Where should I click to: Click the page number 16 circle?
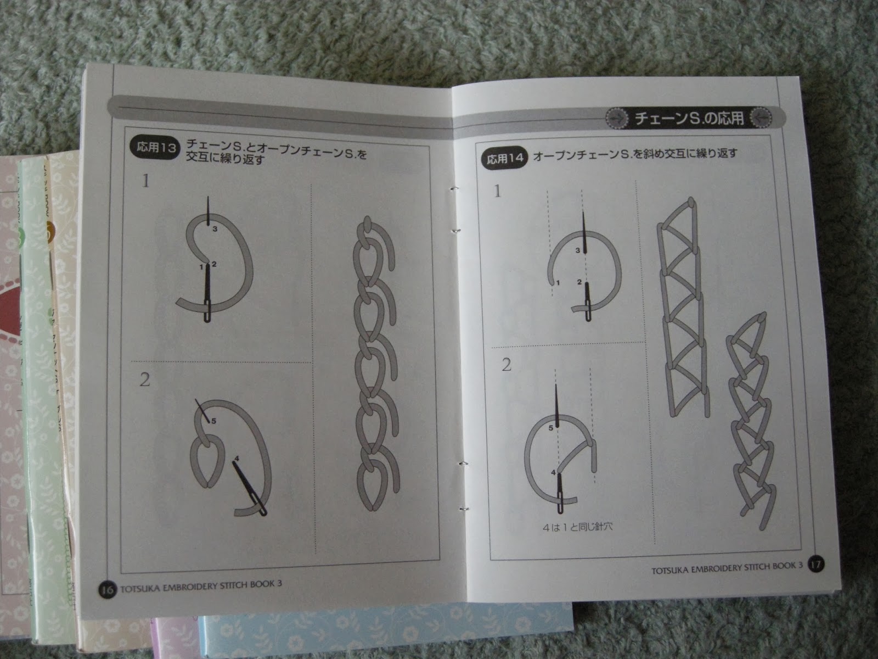point(107,589)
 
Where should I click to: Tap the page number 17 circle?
point(816,564)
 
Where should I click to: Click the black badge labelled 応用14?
point(505,159)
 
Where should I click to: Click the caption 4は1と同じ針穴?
point(577,527)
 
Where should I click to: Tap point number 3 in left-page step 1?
point(215,229)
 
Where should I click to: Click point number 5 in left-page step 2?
point(213,421)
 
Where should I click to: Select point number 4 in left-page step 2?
point(237,459)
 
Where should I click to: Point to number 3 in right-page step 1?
point(577,250)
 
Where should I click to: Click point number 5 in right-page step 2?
point(551,428)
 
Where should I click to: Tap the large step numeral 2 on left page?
point(145,379)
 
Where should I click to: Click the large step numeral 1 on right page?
point(497,191)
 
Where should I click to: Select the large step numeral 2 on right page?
point(506,365)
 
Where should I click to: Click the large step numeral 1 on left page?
point(145,181)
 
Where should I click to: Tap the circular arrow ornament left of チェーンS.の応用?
point(617,118)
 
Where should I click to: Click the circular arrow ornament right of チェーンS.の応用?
point(761,118)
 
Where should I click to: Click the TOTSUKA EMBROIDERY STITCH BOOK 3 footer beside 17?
point(727,567)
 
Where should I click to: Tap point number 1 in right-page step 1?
point(558,283)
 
